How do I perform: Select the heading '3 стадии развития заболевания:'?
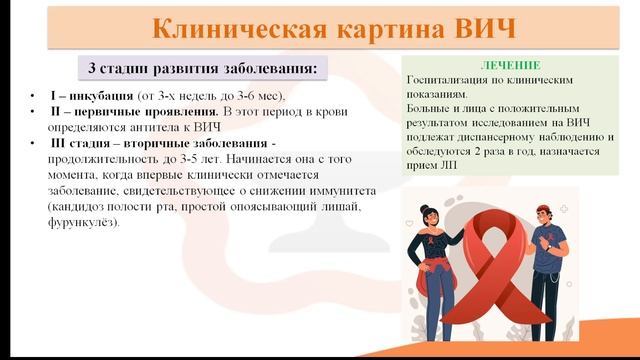202,69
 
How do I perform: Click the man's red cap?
541,208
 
